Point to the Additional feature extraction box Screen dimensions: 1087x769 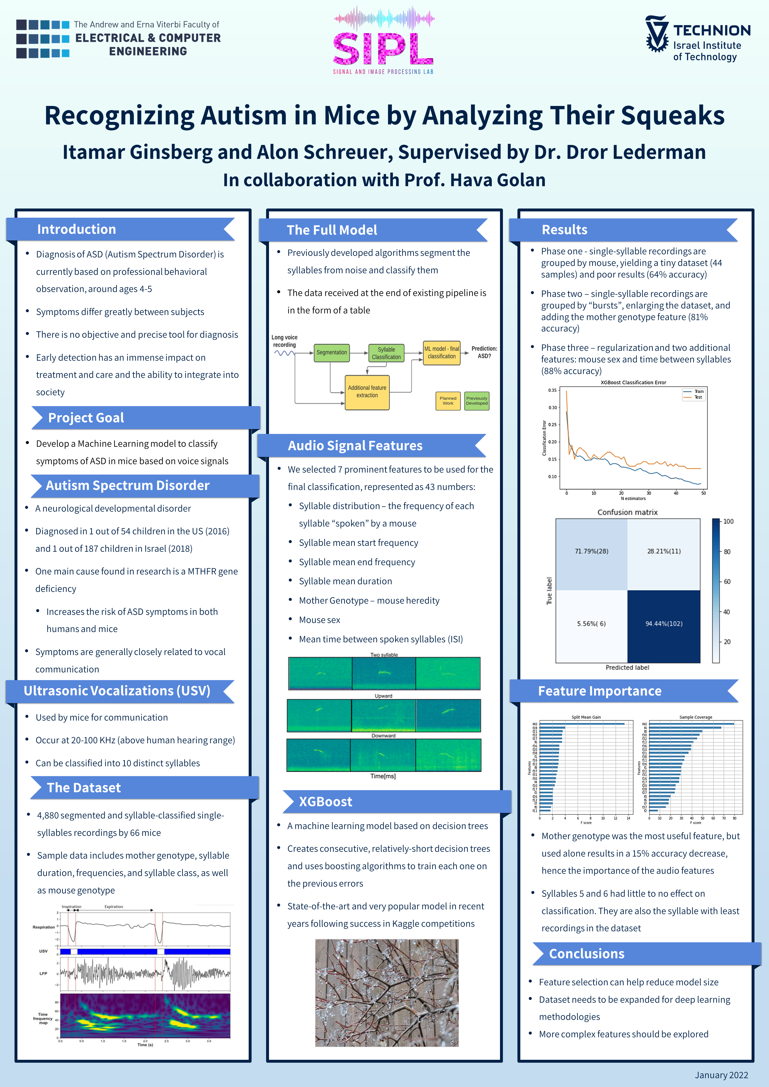[x=367, y=392]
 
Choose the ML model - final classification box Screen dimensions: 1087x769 [x=441, y=353]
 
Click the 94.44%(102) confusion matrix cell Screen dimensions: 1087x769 [x=664, y=624]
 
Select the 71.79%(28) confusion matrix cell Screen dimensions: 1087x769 [x=591, y=551]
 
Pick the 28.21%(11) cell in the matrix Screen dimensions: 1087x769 [x=664, y=551]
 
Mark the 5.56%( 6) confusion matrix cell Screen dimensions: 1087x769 [x=591, y=624]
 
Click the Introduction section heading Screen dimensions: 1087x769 [x=77, y=230]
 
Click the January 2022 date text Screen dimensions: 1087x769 [x=721, y=1075]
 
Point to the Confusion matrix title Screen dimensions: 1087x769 [x=627, y=512]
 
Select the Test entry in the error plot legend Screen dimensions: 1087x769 [x=698, y=397]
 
